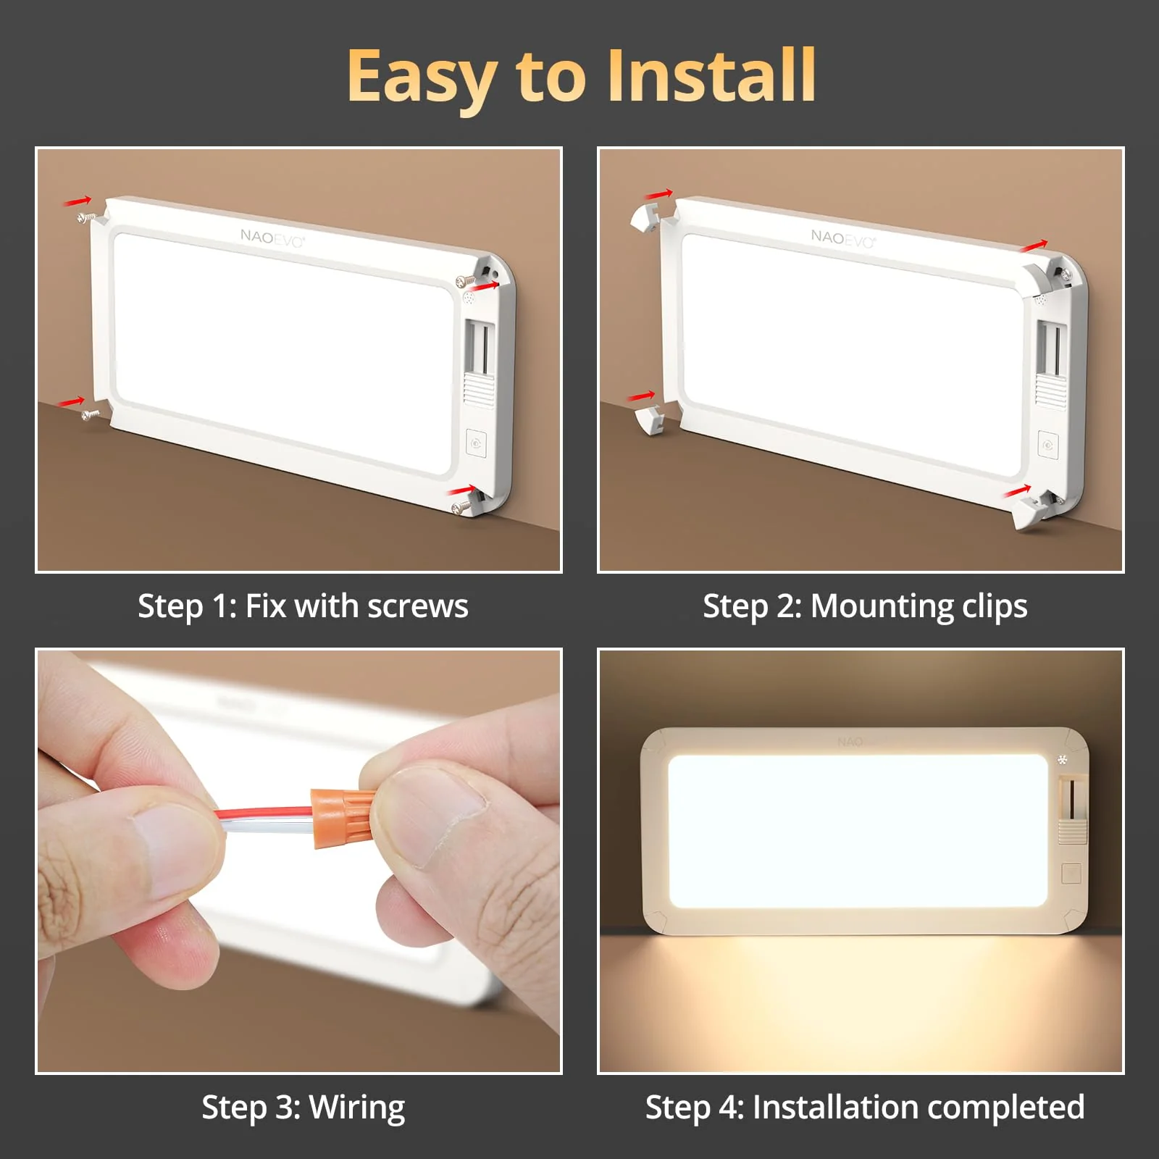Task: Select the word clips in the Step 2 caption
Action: pyautogui.click(x=994, y=606)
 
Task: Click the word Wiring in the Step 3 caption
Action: pyautogui.click(x=356, y=1108)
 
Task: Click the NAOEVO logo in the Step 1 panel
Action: pyautogui.click(x=272, y=238)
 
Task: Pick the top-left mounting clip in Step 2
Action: pyautogui.click(x=643, y=217)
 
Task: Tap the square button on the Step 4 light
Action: pyautogui.click(x=1071, y=874)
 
